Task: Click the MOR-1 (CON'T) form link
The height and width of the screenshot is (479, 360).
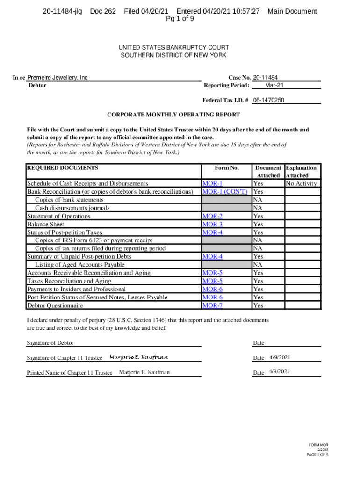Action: [224, 192]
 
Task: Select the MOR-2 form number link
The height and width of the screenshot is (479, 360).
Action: [212, 216]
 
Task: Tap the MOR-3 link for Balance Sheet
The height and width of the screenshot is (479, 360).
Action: [212, 225]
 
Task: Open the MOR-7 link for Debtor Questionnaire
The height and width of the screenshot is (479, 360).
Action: [212, 305]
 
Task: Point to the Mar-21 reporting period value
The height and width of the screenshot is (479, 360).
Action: [274, 85]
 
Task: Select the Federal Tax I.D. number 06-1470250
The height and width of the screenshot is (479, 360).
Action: [269, 100]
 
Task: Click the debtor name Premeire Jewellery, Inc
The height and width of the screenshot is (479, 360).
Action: [58, 78]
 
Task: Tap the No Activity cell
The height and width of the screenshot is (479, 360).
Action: [302, 184]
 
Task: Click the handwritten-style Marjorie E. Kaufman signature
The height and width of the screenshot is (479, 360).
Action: [138, 357]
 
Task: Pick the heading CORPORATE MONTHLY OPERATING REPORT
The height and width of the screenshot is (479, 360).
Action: [173, 115]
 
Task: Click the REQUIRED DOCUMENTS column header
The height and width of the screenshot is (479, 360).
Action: [63, 168]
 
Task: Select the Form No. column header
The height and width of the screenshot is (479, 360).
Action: [227, 168]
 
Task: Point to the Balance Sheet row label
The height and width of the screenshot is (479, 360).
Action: [46, 225]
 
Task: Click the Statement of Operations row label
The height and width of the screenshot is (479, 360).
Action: [59, 216]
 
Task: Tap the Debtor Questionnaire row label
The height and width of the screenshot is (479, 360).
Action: [55, 305]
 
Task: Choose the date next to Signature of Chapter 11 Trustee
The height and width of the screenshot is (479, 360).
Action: [280, 358]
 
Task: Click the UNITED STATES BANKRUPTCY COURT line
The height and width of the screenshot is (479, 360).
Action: [173, 47]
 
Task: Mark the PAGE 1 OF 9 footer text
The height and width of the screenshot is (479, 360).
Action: [318, 454]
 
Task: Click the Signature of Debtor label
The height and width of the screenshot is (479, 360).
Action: [50, 343]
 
